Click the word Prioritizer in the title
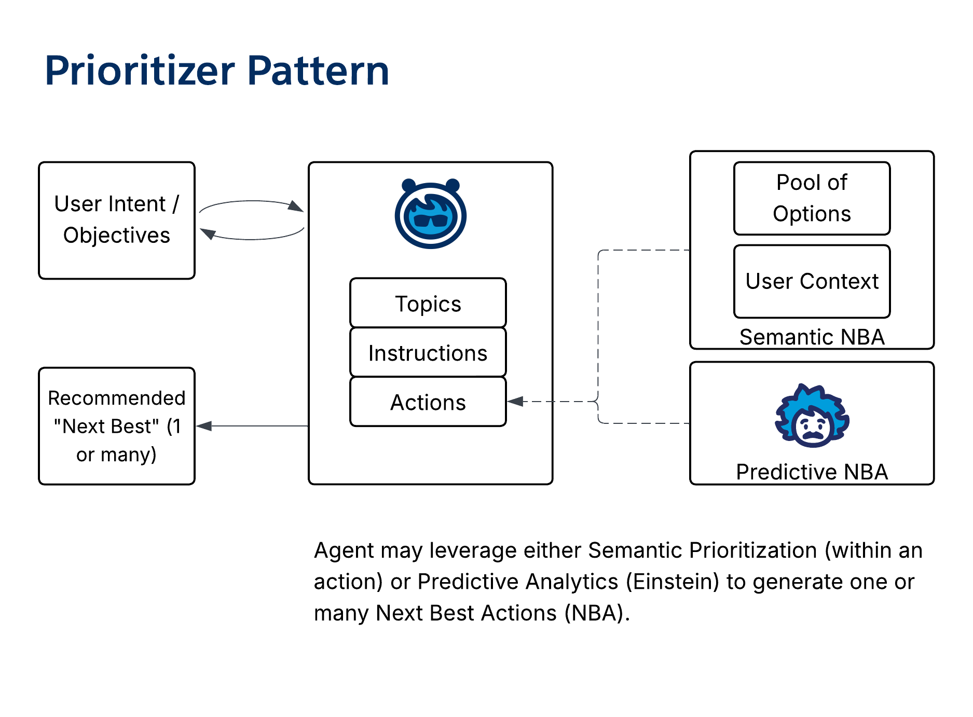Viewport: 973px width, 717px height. coord(140,71)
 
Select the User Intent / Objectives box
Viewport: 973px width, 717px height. coord(117,220)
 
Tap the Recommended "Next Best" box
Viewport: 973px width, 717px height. coord(117,426)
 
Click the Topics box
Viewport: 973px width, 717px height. coord(428,304)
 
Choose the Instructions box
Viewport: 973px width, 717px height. coord(428,353)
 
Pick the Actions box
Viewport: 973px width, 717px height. coord(428,402)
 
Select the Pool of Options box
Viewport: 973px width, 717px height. coord(812,198)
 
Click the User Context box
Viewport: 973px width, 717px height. coord(812,281)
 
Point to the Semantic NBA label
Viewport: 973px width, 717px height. coord(812,337)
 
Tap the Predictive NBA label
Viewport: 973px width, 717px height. coord(812,472)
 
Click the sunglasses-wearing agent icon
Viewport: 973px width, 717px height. coord(430,214)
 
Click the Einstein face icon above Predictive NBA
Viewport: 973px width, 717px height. coord(812,416)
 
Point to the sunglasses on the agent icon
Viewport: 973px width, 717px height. coord(431,221)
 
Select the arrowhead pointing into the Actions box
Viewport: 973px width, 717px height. coord(515,401)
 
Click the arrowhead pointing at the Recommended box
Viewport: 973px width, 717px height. coord(203,426)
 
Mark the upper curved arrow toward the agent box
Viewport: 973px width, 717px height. coord(252,202)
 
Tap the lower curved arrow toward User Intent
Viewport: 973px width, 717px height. coord(252,238)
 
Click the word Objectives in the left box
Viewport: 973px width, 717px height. coord(117,236)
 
